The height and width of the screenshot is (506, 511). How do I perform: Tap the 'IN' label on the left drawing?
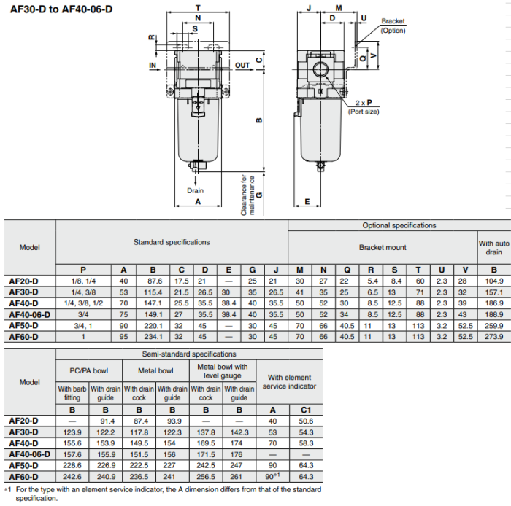pos(153,66)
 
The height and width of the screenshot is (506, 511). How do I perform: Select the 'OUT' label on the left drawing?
pos(242,66)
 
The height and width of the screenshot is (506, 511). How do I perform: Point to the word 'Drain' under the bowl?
pos(195,190)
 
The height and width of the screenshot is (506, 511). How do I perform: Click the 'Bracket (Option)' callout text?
pos(393,26)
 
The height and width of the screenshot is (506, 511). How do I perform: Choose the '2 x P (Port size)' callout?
pos(364,107)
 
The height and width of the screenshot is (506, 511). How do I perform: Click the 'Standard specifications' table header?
pos(172,242)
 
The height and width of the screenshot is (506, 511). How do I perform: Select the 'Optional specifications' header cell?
pos(399,226)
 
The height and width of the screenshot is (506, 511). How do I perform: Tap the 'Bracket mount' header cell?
pos(383,248)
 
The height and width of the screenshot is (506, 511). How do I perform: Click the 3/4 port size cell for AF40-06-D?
pos(83,314)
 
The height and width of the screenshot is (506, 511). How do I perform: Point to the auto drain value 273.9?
pos(494,337)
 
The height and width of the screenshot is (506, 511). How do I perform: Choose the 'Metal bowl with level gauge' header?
pos(223,371)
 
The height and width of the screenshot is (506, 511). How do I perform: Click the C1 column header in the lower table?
pos(306,410)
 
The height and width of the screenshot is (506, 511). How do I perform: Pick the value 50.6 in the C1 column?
pos(306,421)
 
